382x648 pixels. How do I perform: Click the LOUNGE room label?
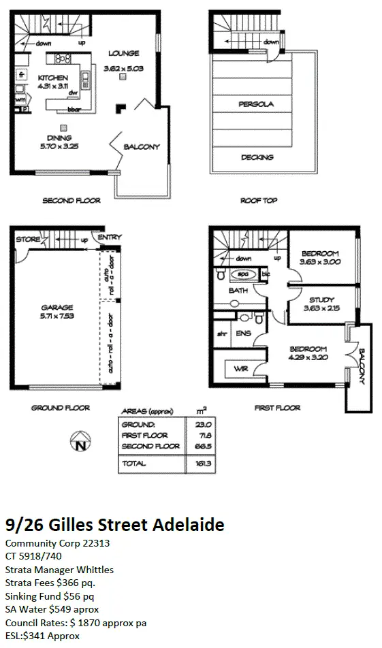coord(123,53)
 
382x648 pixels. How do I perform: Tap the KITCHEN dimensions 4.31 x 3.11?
coord(52,87)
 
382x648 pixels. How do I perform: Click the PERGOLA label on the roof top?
coord(256,105)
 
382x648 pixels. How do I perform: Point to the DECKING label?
coord(257,157)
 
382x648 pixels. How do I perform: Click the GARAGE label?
coord(57,307)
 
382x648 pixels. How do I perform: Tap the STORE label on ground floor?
coord(29,239)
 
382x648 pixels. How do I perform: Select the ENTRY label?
coord(110,237)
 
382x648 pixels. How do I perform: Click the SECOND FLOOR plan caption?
coord(71,201)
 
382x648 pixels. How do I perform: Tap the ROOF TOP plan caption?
coord(259,201)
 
